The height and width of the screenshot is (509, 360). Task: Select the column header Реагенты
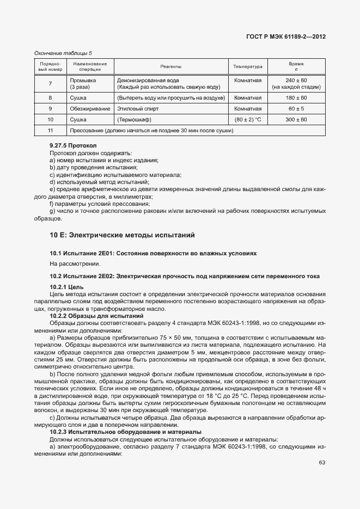170,66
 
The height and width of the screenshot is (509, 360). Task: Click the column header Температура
248,66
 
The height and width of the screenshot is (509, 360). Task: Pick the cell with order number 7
50,83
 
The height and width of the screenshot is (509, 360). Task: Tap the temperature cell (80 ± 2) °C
248,119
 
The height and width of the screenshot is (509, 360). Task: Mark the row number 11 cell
50,131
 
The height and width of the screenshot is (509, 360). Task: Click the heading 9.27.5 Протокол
73,146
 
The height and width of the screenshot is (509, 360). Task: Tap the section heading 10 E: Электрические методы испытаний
122,235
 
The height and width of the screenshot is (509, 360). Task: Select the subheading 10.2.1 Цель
66,286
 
